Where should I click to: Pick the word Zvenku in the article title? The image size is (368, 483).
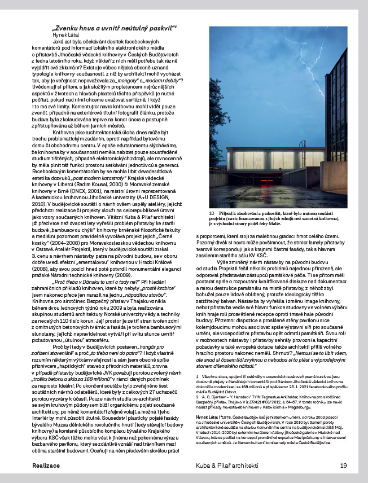[x=67, y=27]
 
